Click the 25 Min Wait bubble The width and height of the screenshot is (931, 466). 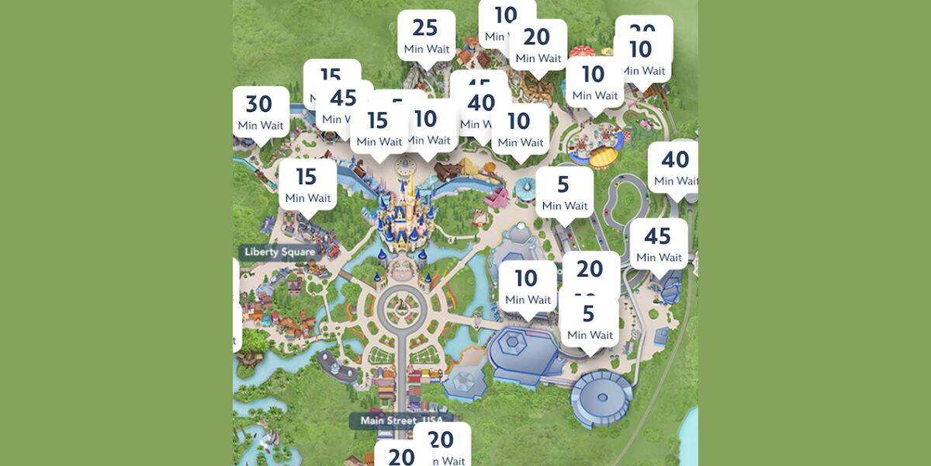pyautogui.click(x=426, y=35)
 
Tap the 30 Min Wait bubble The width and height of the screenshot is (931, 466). pyautogui.click(x=261, y=112)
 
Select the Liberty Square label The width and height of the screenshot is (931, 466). pyautogui.click(x=280, y=252)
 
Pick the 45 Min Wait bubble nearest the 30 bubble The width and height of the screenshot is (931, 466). pyautogui.click(x=343, y=105)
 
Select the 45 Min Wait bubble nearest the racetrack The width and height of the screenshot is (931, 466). pyautogui.click(x=658, y=243)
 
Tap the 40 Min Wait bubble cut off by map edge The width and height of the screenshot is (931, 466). pyautogui.click(x=673, y=167)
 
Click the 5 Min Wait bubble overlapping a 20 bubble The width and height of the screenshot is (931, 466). pyautogui.click(x=590, y=321)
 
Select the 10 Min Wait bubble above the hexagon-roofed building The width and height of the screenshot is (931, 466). pyautogui.click(x=527, y=285)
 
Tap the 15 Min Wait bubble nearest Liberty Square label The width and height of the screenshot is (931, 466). pyautogui.click(x=306, y=185)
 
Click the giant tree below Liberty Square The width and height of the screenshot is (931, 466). pyautogui.click(x=250, y=359)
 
